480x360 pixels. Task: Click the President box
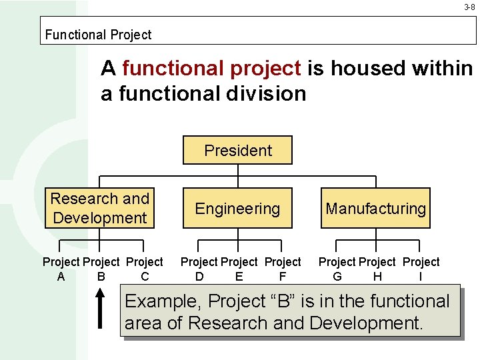click(x=238, y=150)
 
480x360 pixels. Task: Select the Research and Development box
click(x=100, y=208)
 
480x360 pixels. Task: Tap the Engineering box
click(x=237, y=209)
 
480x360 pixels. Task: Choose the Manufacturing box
click(x=375, y=209)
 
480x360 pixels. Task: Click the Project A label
click(x=61, y=269)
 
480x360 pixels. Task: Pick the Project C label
click(x=145, y=269)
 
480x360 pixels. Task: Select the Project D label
click(x=199, y=269)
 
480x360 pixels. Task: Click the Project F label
click(x=283, y=269)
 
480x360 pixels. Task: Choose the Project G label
click(x=337, y=269)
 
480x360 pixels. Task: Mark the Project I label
click(x=421, y=269)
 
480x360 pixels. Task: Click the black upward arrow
click(x=100, y=308)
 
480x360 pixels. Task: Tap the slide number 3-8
click(x=469, y=8)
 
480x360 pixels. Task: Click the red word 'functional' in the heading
click(x=175, y=68)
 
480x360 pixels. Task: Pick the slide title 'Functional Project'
click(x=98, y=35)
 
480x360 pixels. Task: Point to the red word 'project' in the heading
click(x=265, y=68)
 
